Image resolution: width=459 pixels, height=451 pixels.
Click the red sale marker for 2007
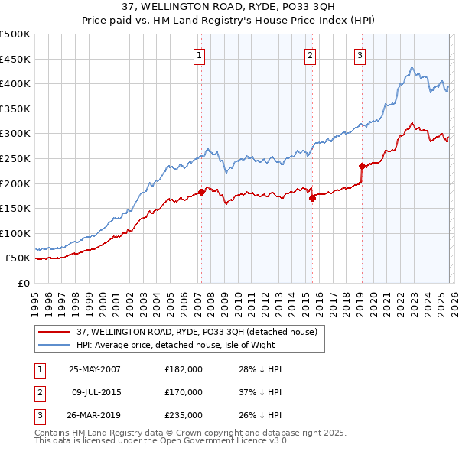(202, 192)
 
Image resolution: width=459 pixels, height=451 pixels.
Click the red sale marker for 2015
(312, 198)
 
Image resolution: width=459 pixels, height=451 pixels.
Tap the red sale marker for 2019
(362, 165)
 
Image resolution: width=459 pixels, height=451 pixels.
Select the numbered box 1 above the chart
(199, 54)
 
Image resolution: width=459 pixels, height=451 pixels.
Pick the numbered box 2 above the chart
(310, 54)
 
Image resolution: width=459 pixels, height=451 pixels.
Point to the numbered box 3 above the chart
(360, 54)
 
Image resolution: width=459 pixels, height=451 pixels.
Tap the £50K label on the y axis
(18, 258)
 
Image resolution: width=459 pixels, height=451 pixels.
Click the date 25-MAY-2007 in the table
(94, 369)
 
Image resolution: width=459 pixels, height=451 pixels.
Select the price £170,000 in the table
(184, 392)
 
